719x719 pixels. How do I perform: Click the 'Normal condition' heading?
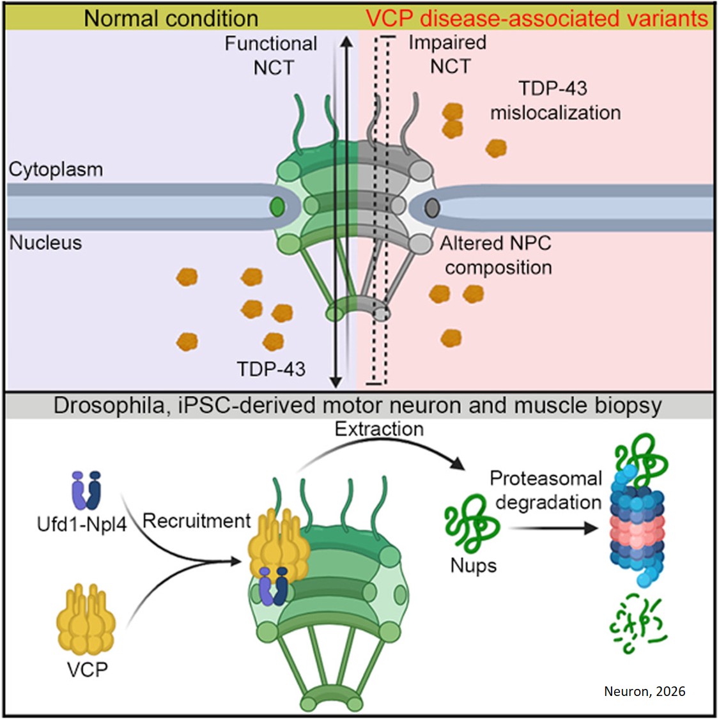(171, 18)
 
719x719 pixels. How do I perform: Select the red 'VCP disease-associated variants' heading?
(537, 18)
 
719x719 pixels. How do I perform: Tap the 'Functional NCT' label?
(271, 55)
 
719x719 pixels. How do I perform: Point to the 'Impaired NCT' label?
(448, 54)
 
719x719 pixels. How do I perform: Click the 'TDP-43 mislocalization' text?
(555, 100)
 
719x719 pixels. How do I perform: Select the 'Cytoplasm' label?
(56, 169)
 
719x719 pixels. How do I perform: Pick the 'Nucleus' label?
(45, 243)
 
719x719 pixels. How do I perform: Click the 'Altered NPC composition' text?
(496, 255)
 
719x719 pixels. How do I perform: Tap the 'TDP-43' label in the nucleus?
(271, 369)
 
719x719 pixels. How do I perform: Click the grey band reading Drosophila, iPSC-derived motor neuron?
(358, 406)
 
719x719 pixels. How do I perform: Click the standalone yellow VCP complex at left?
(86, 618)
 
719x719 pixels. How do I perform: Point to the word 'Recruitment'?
(196, 521)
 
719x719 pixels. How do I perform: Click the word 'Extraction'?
(379, 429)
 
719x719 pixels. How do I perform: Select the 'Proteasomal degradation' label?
(546, 490)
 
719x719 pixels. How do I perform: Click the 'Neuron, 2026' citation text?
(644, 691)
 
